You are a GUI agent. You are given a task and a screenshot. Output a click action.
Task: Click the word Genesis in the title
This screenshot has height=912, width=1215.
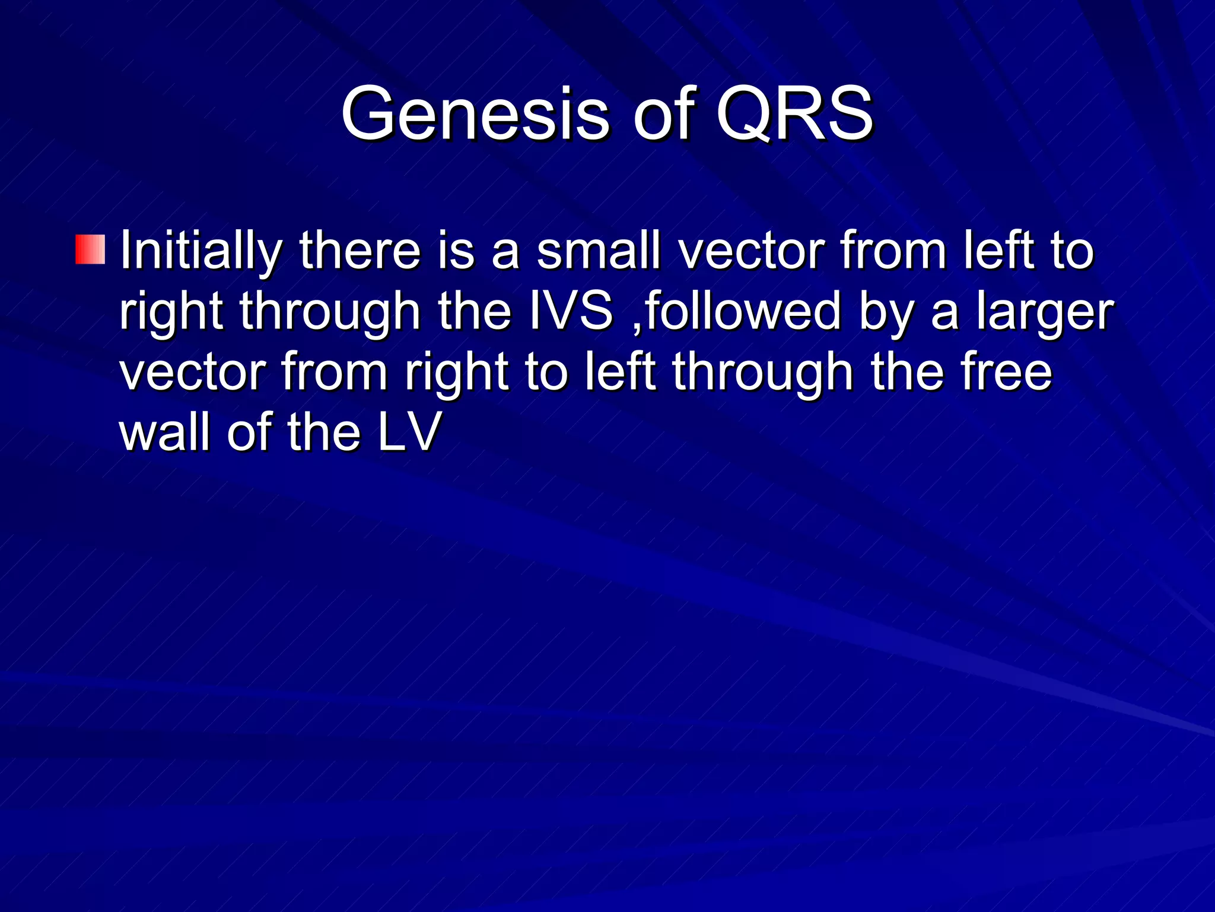[475, 114]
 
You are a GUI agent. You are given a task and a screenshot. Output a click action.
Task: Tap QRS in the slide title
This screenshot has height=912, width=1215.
[795, 114]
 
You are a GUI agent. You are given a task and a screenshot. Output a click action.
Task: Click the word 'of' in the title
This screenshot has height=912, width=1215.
[663, 114]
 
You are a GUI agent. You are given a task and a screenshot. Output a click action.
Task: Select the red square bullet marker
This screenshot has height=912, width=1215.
[90, 249]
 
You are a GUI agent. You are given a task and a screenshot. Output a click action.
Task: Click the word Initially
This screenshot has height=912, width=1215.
[200, 252]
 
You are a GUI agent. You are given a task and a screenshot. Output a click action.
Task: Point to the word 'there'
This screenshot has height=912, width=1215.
[360, 252]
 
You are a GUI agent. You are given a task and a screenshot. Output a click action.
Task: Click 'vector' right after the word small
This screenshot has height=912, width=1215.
[751, 252]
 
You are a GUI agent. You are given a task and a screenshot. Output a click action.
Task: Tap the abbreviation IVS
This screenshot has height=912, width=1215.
[570, 312]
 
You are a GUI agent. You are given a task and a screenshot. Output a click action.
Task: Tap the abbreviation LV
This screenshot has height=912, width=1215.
[409, 432]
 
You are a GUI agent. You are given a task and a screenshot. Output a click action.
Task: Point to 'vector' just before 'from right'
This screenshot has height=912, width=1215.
[192, 373]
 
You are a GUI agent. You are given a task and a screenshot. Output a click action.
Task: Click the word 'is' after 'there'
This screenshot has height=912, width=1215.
[457, 252]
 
